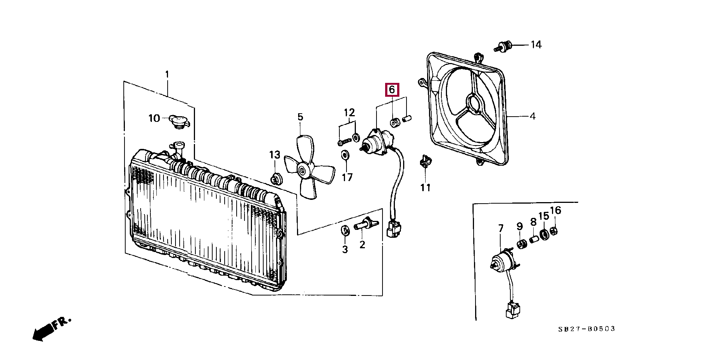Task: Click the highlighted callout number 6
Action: click(x=392, y=90)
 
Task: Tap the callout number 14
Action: click(x=536, y=45)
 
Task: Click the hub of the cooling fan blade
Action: click(x=302, y=171)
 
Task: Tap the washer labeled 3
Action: click(x=345, y=230)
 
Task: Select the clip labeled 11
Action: click(x=425, y=161)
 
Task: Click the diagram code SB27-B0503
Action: click(x=586, y=329)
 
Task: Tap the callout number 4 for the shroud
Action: click(x=532, y=116)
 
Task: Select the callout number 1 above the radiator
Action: click(x=167, y=74)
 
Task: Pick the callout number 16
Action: click(x=555, y=210)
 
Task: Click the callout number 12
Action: click(x=349, y=112)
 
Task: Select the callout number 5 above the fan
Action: click(x=300, y=117)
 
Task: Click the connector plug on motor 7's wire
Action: click(x=512, y=310)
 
